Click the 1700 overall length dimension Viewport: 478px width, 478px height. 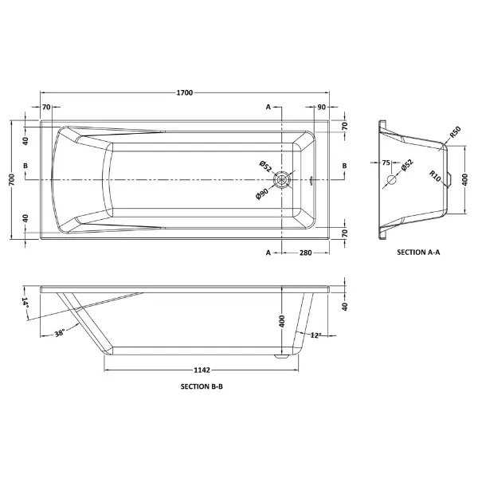185,92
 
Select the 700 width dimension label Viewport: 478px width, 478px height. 12,179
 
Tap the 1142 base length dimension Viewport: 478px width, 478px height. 202,370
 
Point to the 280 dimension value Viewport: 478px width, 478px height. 305,253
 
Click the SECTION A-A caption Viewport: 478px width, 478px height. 418,252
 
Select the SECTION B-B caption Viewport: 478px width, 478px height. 202,386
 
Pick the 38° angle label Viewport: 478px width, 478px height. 60,333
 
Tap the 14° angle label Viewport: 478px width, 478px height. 25,302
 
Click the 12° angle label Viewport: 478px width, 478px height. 315,335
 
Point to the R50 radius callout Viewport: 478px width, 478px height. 455,132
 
